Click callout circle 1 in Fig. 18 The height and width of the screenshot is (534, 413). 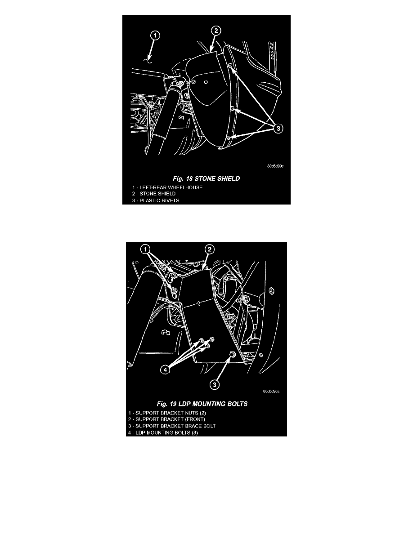coord(155,35)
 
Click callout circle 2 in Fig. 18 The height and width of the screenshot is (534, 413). coord(216,31)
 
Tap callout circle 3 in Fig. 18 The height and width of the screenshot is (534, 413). coord(278,129)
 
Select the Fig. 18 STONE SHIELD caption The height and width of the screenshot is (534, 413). coord(206,178)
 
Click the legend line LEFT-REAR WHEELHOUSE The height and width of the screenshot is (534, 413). coord(167,187)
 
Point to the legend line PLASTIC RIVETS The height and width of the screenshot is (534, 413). coord(156,200)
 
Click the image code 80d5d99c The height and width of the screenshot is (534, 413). coord(275,166)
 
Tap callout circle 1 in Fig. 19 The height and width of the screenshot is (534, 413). coord(145,249)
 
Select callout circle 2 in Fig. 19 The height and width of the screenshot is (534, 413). coord(210,249)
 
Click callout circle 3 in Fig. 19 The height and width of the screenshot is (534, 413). coord(214,385)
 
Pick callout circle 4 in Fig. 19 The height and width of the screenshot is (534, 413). coord(165,369)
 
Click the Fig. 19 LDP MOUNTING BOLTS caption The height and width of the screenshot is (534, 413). coord(202,404)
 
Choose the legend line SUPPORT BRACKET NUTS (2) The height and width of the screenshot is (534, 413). coord(167,413)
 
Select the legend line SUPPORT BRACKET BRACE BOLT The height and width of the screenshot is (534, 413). coord(172,426)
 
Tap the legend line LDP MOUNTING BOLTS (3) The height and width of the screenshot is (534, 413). coord(163,432)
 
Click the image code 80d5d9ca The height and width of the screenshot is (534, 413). coord(271,392)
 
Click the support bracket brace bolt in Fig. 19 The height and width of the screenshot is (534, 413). coord(232,355)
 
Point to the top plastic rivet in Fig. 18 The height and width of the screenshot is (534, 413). coord(230,65)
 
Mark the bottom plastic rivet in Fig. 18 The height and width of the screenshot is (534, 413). coord(228,138)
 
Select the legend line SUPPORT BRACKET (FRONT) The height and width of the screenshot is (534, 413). coord(166,419)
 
